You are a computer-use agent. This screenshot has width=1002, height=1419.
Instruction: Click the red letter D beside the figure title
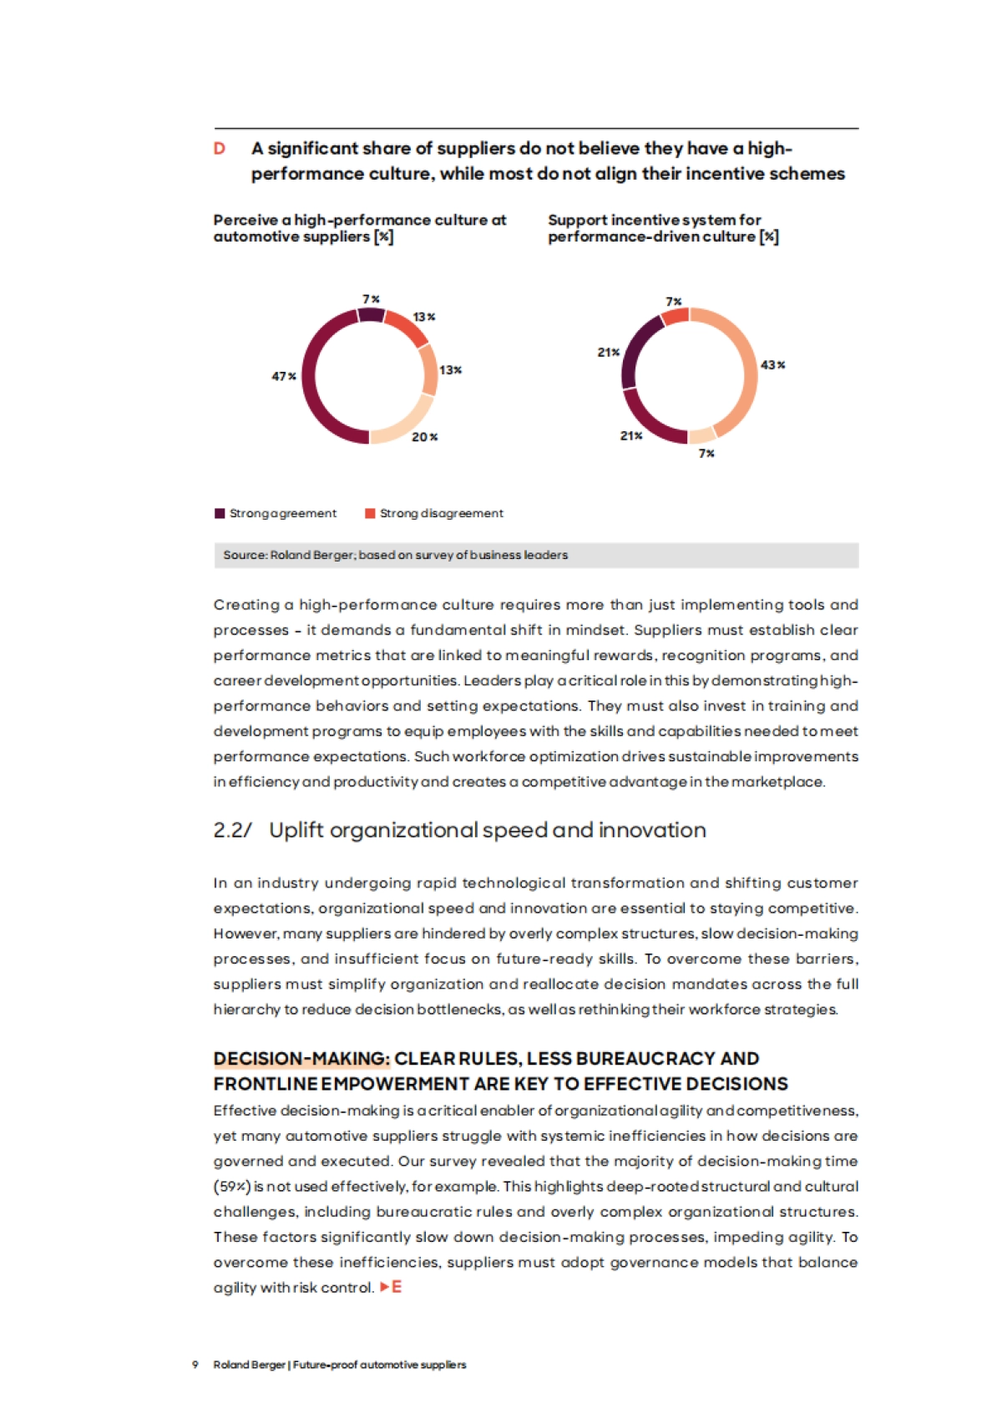click(x=220, y=149)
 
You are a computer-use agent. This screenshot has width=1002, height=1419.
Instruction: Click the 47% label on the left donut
click(x=284, y=376)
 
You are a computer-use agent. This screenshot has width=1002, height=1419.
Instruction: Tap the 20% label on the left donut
click(x=424, y=437)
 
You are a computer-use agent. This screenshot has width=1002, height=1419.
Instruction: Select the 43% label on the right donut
click(x=772, y=365)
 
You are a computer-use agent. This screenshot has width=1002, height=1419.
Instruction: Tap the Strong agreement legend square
click(x=220, y=513)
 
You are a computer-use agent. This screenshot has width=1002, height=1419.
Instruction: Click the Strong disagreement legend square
click(x=370, y=513)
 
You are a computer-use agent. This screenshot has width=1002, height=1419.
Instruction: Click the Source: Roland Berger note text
click(x=395, y=555)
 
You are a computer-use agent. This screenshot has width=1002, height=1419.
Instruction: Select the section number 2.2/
click(x=232, y=830)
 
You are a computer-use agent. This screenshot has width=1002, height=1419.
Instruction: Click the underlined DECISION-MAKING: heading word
click(x=301, y=1059)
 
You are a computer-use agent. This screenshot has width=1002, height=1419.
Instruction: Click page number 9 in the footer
click(x=195, y=1365)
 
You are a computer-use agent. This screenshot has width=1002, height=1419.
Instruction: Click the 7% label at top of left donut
click(x=371, y=299)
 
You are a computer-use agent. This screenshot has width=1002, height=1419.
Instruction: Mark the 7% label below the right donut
click(x=706, y=453)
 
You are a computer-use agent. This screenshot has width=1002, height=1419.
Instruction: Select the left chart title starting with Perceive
click(x=359, y=228)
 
